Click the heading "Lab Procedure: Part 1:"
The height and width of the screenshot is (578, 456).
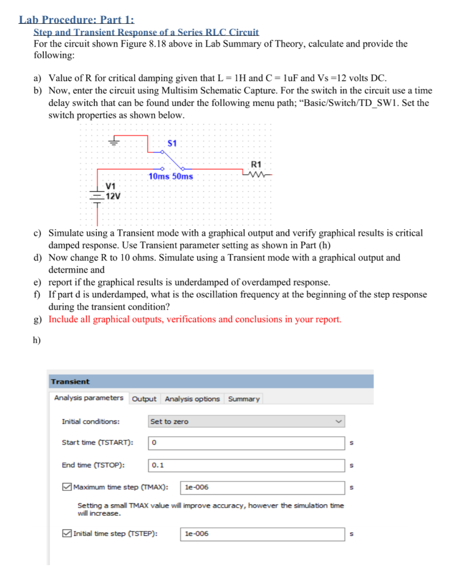pos(76,20)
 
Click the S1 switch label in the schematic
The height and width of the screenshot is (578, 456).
pos(172,143)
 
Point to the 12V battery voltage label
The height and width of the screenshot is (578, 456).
pos(113,196)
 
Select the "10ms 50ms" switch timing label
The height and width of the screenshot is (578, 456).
pos(171,176)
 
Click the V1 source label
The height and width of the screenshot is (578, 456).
pos(110,186)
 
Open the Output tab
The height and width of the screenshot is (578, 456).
pos(144,399)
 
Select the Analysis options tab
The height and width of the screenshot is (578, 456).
pos(192,399)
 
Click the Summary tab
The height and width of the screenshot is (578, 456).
pos(244,399)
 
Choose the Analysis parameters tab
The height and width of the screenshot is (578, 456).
pos(89,398)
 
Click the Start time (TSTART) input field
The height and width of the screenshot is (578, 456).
pos(246,442)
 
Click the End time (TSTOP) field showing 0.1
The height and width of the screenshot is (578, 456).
pos(246,466)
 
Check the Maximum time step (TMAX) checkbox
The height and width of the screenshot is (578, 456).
pos(66,487)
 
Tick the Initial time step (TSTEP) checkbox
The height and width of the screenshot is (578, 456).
pos(66,534)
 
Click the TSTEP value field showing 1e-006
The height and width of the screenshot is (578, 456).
pos(262,534)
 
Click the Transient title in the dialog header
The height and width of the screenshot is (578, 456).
pos(70,382)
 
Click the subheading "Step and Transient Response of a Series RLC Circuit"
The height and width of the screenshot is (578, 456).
pos(146,32)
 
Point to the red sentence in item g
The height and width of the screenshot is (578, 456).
pos(195,319)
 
